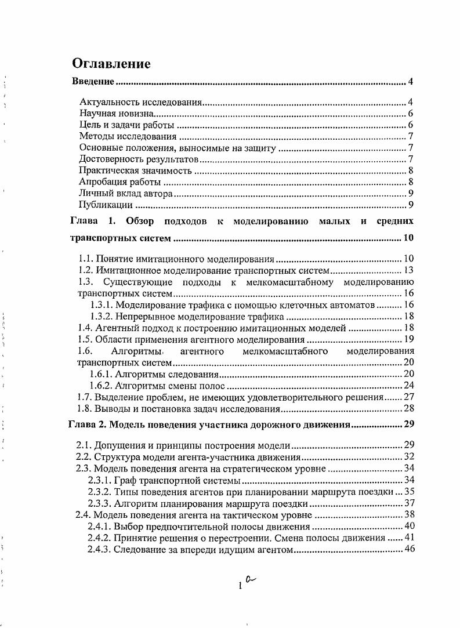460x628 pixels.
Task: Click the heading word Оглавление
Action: (x=111, y=63)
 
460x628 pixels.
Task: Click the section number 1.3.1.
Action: (x=102, y=304)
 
